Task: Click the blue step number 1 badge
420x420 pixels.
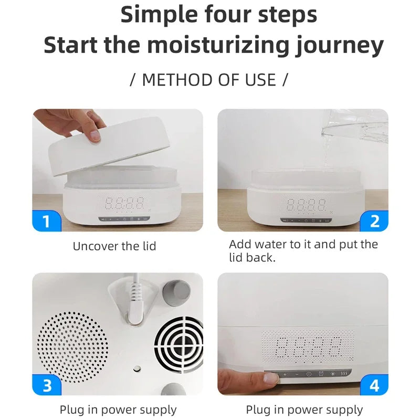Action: click(46, 221)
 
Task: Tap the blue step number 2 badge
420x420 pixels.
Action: click(374, 221)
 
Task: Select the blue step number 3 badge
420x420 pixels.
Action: click(46, 385)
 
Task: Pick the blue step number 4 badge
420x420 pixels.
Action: click(374, 385)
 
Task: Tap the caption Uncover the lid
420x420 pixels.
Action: click(114, 246)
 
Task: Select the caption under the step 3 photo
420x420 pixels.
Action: click(118, 409)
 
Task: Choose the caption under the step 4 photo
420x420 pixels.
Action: click(304, 409)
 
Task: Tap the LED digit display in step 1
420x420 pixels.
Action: click(125, 203)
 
